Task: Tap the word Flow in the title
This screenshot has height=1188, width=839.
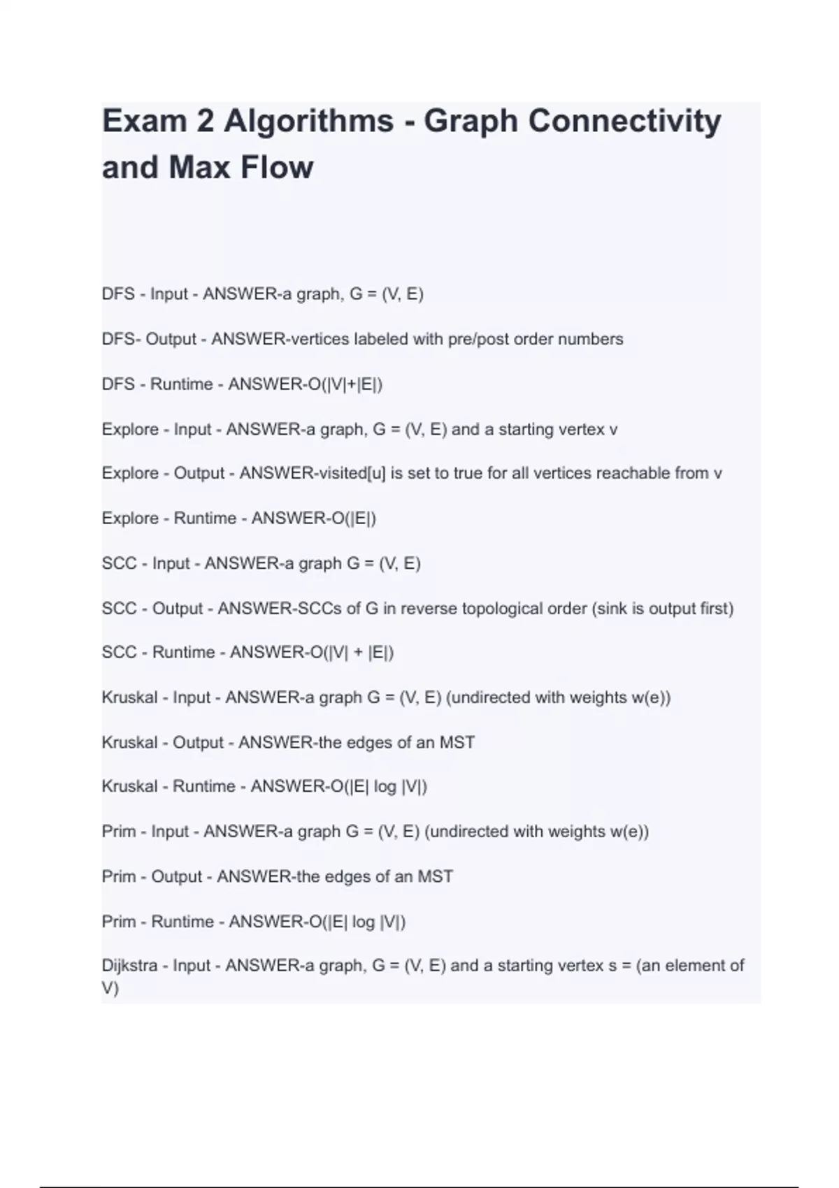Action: click(277, 168)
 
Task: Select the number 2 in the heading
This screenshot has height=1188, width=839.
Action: click(205, 121)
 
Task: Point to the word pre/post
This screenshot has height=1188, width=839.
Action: click(476, 340)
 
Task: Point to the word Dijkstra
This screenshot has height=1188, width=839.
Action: click(129, 966)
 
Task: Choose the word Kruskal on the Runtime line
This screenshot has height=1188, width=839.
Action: click(129, 787)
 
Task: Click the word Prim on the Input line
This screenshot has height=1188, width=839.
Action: click(119, 832)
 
